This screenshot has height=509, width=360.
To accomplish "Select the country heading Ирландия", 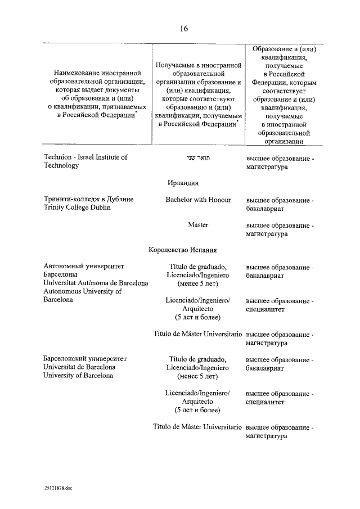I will [182, 183].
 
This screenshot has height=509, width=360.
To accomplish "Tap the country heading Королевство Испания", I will [182, 250].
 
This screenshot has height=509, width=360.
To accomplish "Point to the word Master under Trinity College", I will [198, 225].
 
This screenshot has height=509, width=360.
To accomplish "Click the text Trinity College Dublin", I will [76, 208].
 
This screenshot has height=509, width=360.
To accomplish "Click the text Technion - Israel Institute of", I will [85, 157].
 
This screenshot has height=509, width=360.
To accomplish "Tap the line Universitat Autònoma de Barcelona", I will [96, 283].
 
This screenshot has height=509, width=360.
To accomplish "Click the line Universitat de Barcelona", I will [79, 367].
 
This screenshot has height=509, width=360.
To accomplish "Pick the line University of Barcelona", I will [78, 375].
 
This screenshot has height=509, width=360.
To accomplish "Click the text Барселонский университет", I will [85, 358].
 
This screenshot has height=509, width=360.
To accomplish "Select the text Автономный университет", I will [83, 266].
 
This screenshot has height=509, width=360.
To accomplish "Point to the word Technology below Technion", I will [61, 166].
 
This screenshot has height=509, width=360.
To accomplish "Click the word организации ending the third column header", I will [283, 142].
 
